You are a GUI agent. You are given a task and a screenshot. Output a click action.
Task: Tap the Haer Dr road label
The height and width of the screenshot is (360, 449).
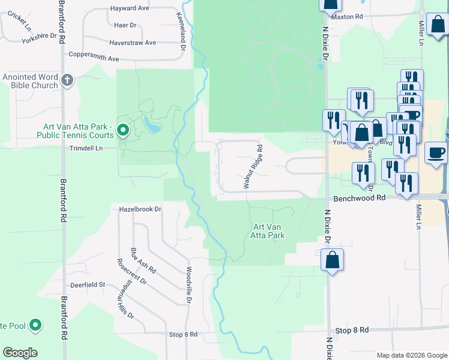click(125, 25)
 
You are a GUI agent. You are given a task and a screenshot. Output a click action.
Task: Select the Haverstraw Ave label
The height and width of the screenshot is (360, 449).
click(133, 43)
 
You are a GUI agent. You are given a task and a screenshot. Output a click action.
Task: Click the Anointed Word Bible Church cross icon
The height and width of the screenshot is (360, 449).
click(67, 79)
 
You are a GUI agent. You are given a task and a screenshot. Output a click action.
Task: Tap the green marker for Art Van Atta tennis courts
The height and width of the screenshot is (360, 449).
click(124, 130)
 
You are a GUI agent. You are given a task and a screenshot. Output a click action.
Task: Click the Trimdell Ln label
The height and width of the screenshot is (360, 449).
click(86, 148)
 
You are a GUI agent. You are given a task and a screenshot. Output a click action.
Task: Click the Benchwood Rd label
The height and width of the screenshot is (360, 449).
click(355, 197)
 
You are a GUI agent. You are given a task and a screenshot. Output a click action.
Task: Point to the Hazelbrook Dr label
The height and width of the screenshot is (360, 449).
click(140, 209)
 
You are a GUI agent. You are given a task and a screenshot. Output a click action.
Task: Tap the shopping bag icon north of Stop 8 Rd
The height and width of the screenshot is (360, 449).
click(331, 261)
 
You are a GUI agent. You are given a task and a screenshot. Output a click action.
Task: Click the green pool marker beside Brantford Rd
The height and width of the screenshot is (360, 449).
click(35, 326)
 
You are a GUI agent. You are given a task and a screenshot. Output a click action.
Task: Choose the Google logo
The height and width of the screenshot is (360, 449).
click(19, 353)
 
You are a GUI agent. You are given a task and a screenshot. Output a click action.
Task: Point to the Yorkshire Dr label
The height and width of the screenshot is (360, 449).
click(37, 35)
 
